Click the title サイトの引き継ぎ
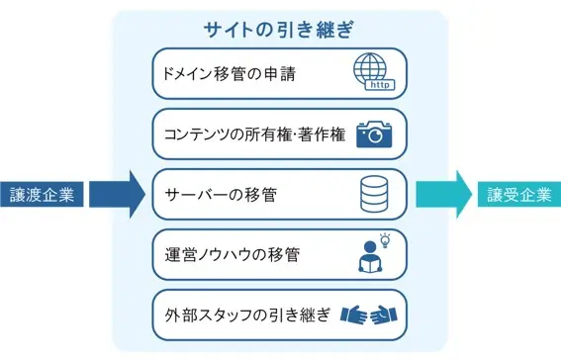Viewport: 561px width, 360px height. click(278, 30)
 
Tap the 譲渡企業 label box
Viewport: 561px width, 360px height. click(42, 195)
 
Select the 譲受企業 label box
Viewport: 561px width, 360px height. click(519, 195)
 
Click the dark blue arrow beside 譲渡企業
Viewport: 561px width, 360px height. click(118, 195)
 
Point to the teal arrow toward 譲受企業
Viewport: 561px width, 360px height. click(444, 195)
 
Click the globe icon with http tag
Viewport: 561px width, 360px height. click(374, 72)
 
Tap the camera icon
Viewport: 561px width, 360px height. click(374, 135)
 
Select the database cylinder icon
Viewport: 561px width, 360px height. click(374, 194)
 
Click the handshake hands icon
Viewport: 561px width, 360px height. click(368, 315)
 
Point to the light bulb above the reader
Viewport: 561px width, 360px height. click(385, 240)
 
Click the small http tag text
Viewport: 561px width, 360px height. click(380, 85)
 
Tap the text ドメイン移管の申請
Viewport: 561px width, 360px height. click(230, 74)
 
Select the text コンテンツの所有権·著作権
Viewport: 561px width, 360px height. click(254, 135)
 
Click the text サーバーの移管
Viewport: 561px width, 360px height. click(221, 195)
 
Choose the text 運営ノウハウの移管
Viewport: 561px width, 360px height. click(232, 255)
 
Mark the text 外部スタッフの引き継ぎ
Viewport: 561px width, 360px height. click(247, 315)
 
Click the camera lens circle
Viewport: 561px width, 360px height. click(376, 135)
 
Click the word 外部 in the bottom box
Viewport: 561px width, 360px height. click(180, 315)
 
